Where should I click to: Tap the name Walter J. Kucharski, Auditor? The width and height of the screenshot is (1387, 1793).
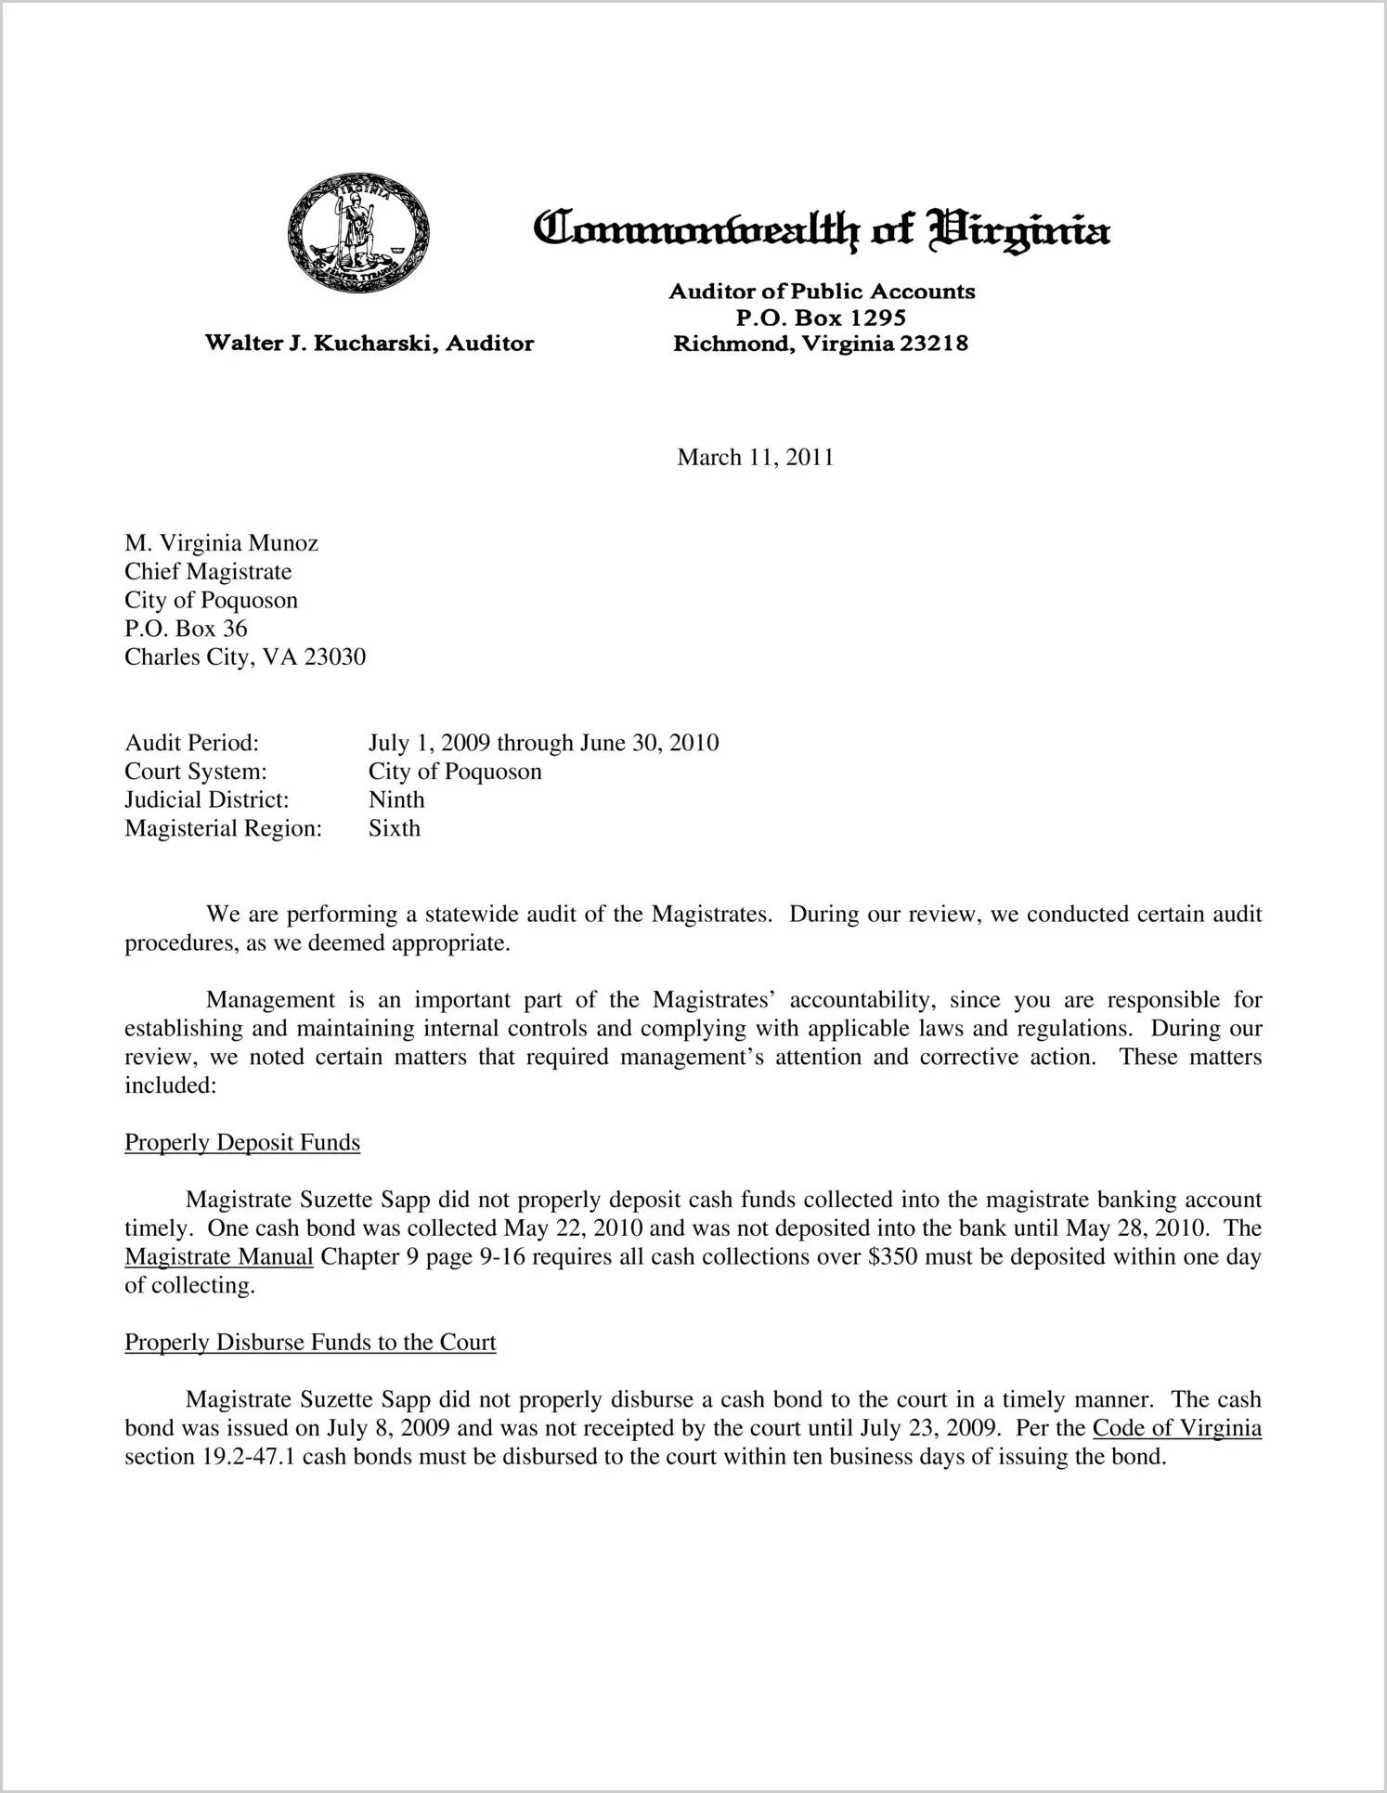[x=369, y=344]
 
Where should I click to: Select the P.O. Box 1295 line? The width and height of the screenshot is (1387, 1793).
[x=821, y=318]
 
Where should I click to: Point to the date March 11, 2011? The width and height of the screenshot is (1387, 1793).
[x=755, y=457]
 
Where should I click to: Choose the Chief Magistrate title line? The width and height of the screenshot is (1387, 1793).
[x=208, y=572]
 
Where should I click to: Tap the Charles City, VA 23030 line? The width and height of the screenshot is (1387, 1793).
[x=245, y=657]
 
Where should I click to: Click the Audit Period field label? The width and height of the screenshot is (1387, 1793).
[x=191, y=743]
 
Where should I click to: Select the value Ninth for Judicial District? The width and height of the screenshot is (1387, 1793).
[x=396, y=799]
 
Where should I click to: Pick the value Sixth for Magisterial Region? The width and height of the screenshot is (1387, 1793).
[x=395, y=828]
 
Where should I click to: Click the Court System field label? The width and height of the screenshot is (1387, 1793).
[x=196, y=772]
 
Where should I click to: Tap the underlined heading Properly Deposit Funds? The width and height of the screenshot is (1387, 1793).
[x=242, y=1142]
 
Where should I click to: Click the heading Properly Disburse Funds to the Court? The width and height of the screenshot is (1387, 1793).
[x=310, y=1343]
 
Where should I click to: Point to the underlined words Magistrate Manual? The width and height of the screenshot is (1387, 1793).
[x=219, y=1257]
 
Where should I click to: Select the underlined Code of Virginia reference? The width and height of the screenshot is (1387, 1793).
[x=1176, y=1428]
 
